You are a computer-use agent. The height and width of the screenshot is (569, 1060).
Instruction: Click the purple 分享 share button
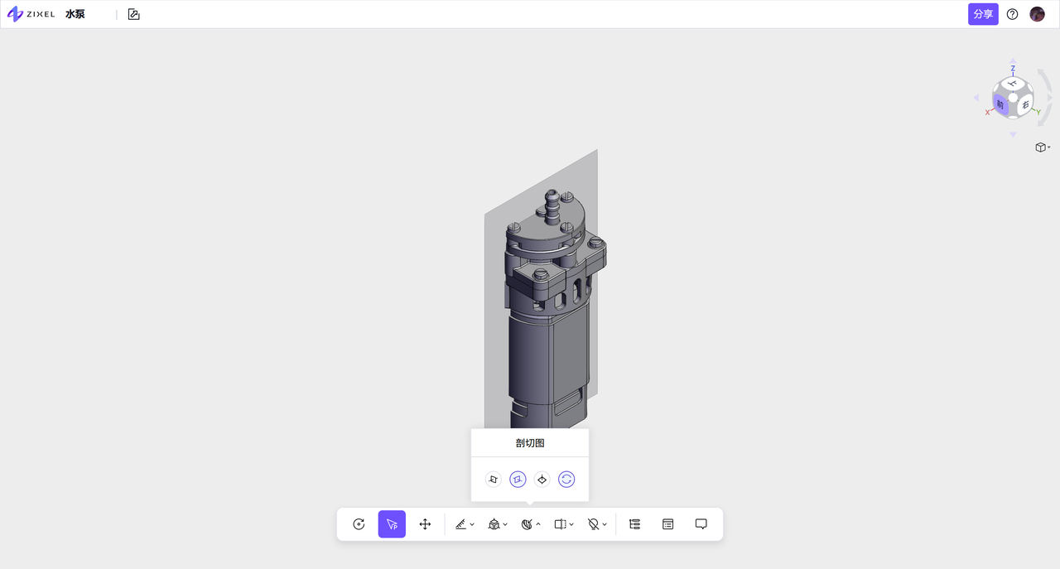[x=983, y=14]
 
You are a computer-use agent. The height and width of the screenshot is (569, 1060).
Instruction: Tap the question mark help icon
[x=1012, y=14]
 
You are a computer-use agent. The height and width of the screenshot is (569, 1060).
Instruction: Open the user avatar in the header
[x=1038, y=14]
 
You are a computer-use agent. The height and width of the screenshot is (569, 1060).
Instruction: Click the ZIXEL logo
[x=31, y=14]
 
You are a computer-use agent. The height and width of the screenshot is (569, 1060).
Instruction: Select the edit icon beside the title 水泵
[x=134, y=14]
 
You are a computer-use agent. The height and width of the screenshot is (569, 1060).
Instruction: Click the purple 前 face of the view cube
[x=1000, y=104]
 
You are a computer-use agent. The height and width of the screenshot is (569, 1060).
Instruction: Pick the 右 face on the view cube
[x=1025, y=104]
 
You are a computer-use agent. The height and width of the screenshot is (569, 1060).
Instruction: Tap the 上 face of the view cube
[x=1012, y=84]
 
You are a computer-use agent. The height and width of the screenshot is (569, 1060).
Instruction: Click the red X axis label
[x=988, y=113]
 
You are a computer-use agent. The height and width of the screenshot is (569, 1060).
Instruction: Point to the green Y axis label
[x=1038, y=112]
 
